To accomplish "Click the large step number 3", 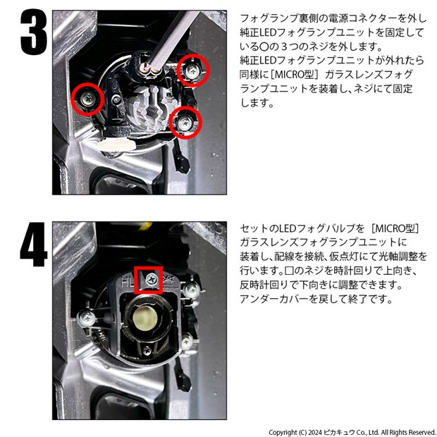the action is (x=33, y=32).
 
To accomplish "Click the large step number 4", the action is (x=33, y=245).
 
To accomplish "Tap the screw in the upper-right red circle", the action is (x=192, y=71).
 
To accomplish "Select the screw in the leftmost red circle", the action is (x=87, y=98).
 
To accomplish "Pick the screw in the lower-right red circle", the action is (x=185, y=123).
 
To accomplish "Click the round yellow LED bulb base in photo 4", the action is (x=144, y=317).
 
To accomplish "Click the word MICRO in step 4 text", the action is (x=391, y=228).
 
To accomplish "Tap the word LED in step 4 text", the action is (x=288, y=228).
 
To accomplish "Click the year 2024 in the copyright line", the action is (x=315, y=432).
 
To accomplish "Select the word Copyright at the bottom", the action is (x=283, y=433).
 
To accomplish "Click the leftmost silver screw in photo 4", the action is (x=87, y=318).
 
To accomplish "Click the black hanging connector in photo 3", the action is (x=183, y=162).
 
